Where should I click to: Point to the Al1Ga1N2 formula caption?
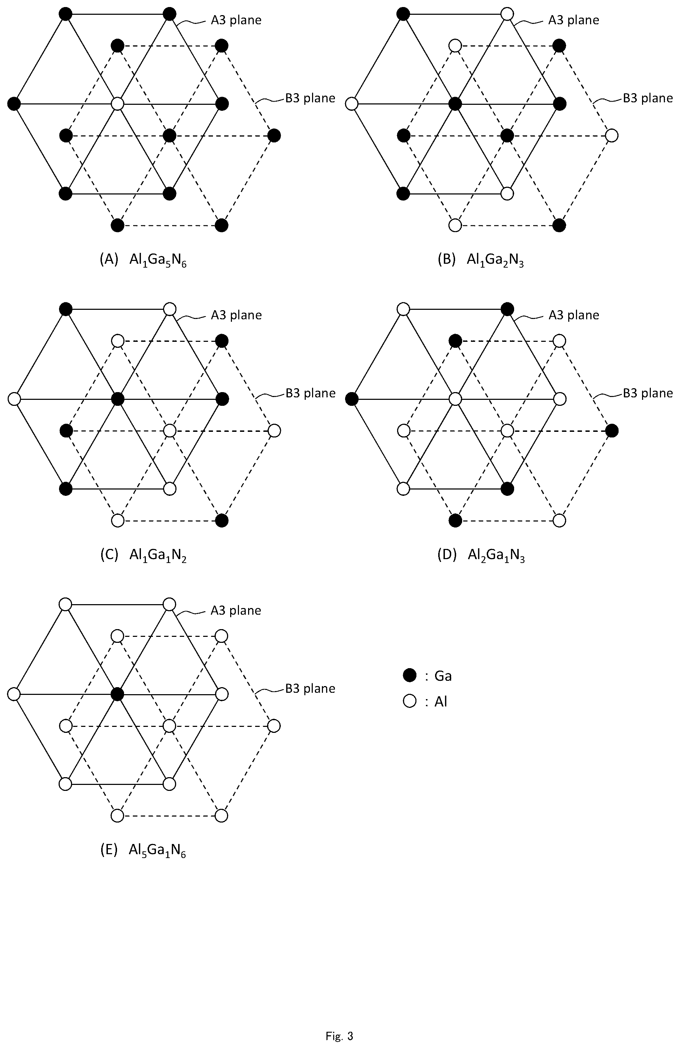[x=158, y=555]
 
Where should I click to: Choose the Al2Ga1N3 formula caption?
[x=496, y=555]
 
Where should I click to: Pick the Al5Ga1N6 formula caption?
[x=157, y=850]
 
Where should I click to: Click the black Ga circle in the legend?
[x=410, y=675]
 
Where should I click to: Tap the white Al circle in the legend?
[x=410, y=701]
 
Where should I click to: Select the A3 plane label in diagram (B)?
[x=574, y=20]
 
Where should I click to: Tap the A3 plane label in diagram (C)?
[x=236, y=315]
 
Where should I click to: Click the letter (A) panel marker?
[x=109, y=260]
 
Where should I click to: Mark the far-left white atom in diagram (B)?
[x=352, y=104]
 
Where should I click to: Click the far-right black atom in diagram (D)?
[x=612, y=431]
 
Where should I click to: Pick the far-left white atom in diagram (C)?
[x=14, y=399]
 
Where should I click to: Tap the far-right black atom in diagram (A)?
[x=274, y=135]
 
